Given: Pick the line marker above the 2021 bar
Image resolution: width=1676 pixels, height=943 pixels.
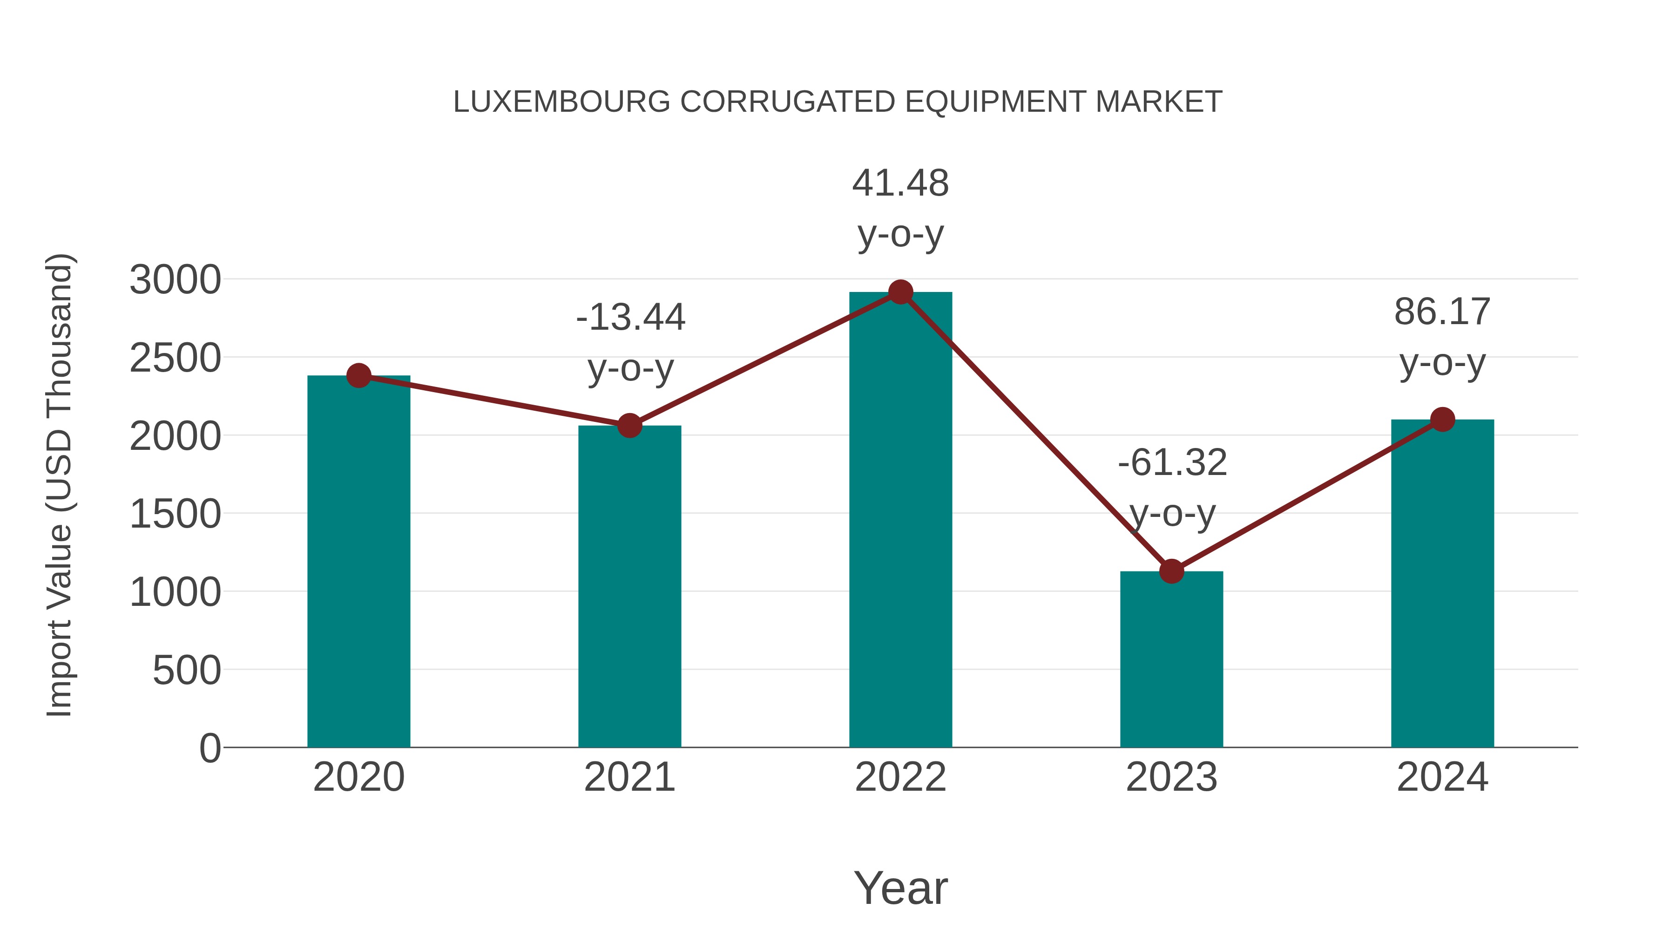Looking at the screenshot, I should (629, 426).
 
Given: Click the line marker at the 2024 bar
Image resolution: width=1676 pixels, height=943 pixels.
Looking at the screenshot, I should (1442, 419).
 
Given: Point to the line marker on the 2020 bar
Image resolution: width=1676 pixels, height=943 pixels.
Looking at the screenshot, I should (358, 375).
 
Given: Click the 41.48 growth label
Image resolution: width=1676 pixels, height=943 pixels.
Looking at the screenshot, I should (900, 183).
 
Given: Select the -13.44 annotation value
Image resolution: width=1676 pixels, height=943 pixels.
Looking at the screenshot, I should (630, 318).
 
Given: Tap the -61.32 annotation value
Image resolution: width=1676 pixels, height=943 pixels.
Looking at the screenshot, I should (1172, 463).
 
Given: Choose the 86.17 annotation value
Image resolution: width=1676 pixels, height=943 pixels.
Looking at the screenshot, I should (1442, 312).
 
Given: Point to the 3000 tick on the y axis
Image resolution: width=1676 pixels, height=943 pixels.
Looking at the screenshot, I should (176, 280).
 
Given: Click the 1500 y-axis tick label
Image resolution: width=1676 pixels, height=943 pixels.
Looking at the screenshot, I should (176, 515).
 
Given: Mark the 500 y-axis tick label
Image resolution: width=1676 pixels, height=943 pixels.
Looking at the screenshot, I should (187, 671).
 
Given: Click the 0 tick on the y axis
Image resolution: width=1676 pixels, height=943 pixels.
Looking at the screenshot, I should (210, 748).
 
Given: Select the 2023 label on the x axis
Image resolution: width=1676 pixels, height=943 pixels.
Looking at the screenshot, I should (1171, 777).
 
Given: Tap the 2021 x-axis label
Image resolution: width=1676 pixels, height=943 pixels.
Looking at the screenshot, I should (629, 777).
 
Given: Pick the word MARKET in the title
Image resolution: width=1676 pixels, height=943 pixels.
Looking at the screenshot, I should (1158, 102).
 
